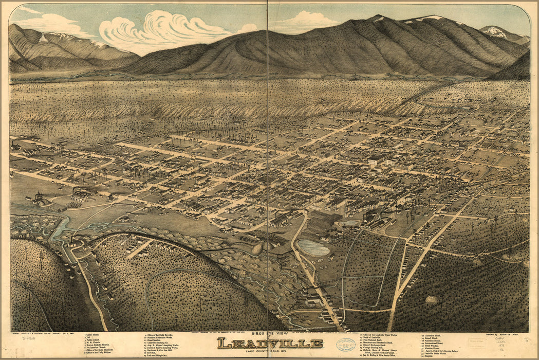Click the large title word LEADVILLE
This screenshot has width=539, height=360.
click(x=269, y=343)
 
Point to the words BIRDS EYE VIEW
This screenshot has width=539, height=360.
click(x=269, y=333)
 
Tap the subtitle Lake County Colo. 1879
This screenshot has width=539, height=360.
click(x=269, y=351)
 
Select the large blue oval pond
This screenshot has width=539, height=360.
click(x=313, y=248)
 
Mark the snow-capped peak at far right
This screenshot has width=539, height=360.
click(x=496, y=32)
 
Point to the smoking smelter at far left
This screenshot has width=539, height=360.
click(x=39, y=198)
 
